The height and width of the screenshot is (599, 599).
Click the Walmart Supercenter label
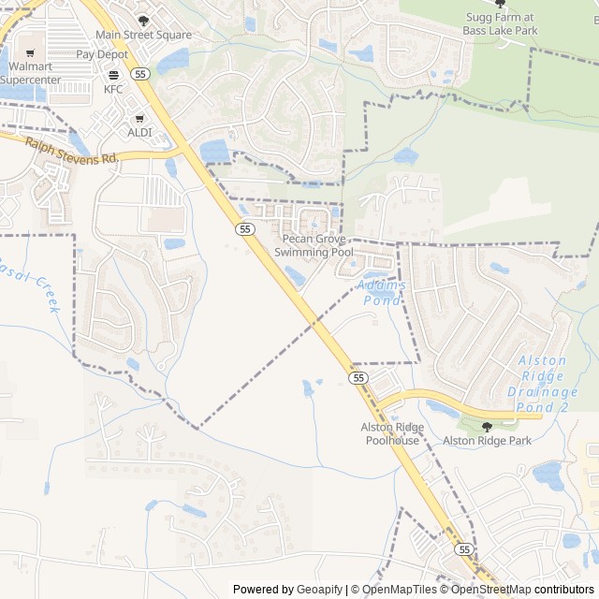click(30, 74)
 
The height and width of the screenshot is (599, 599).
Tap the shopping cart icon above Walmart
click(29, 52)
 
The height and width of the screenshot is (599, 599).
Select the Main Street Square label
click(143, 35)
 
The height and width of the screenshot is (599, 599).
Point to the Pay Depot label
click(101, 55)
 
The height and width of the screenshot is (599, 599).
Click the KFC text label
click(113, 89)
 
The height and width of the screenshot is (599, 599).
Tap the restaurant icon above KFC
click(113, 75)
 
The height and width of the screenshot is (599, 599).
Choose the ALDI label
click(139, 132)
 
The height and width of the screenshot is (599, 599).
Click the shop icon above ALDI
click(139, 119)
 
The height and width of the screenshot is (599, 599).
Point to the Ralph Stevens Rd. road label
click(72, 151)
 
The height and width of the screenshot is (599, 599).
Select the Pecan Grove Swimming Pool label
click(313, 245)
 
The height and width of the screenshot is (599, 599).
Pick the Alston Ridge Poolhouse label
click(392, 433)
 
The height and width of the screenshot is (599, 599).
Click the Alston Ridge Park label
click(487, 441)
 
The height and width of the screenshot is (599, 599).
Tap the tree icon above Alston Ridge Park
click(487, 427)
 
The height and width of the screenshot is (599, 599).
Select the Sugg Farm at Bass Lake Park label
click(500, 23)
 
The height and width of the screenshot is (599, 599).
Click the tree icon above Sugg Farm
click(500, 5)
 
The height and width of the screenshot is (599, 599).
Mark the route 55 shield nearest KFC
click(139, 74)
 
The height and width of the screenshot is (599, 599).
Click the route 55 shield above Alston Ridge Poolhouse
click(358, 378)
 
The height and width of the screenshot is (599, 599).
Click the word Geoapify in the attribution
click(321, 590)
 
